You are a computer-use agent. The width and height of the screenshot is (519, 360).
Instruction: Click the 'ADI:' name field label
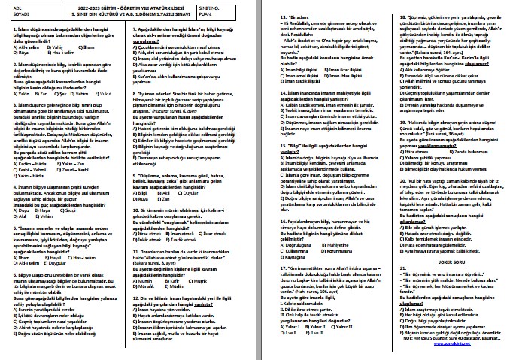coord(8,5)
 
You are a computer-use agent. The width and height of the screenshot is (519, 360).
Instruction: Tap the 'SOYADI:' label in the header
coord(11,13)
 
